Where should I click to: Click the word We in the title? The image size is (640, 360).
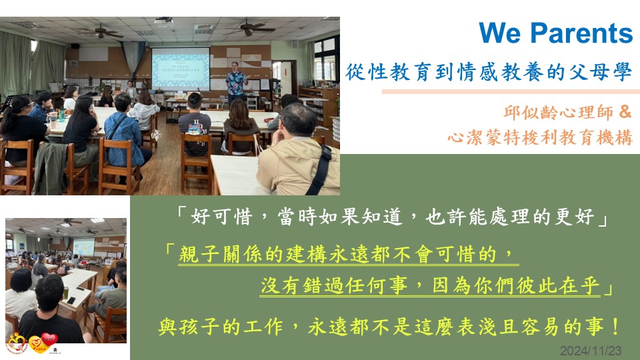pos(500,33)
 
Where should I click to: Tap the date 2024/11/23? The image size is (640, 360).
pos(591,351)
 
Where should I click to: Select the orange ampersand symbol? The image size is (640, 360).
pos(625,111)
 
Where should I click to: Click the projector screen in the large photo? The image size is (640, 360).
pos(181,69)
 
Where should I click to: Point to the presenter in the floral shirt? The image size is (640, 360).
pos(237,84)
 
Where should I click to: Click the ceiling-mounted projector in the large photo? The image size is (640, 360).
pos(164,21)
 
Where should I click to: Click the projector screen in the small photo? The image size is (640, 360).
pos(84,247)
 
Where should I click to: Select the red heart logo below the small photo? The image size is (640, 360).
pos(49,339)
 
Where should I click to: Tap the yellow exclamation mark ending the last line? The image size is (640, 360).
pos(616,327)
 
